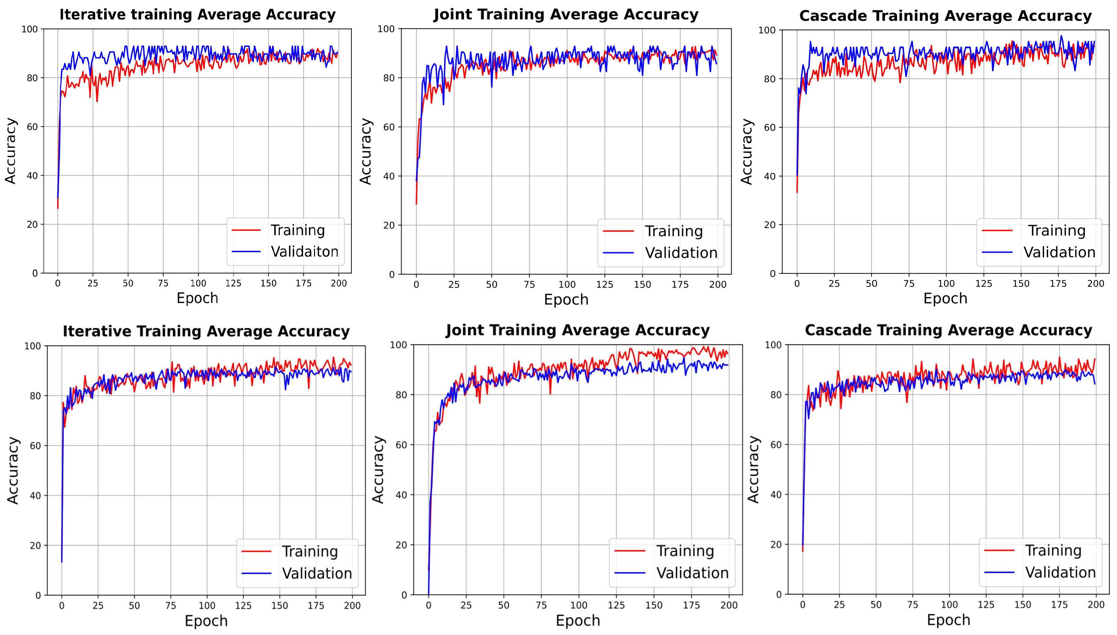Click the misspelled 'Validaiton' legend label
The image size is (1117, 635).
(x=304, y=252)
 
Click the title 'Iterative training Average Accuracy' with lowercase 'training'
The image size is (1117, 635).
(x=197, y=15)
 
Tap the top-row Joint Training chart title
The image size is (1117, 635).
(x=566, y=14)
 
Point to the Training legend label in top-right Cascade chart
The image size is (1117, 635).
(x=1056, y=230)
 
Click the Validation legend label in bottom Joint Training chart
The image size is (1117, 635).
(x=692, y=573)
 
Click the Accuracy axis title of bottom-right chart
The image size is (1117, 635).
(x=753, y=469)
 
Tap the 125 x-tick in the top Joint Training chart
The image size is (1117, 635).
(x=604, y=285)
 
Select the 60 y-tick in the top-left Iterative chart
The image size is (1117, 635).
(x=33, y=127)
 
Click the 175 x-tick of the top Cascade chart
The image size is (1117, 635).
(x=1058, y=283)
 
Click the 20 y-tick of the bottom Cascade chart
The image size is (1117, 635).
(x=776, y=545)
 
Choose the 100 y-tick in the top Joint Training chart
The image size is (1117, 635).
(x=386, y=29)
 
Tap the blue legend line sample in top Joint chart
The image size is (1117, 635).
(x=618, y=253)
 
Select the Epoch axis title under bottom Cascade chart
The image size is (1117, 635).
(x=948, y=620)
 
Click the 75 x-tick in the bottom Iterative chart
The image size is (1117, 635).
(x=171, y=606)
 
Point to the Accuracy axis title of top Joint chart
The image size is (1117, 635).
(x=366, y=151)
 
